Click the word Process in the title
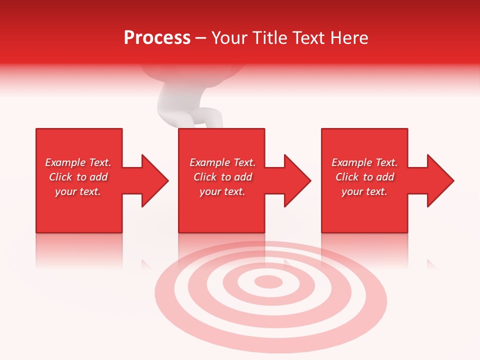point(157,38)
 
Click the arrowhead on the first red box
point(153,180)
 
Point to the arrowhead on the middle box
point(295,180)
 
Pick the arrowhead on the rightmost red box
point(438,180)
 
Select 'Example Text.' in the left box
point(78,162)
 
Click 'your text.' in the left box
point(78,191)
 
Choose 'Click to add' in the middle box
point(222,177)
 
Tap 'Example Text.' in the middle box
point(222,162)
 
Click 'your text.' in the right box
point(364,191)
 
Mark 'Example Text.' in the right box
point(364,162)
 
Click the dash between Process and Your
point(201,38)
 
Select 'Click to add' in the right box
point(364,177)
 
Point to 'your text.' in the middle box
point(222,191)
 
